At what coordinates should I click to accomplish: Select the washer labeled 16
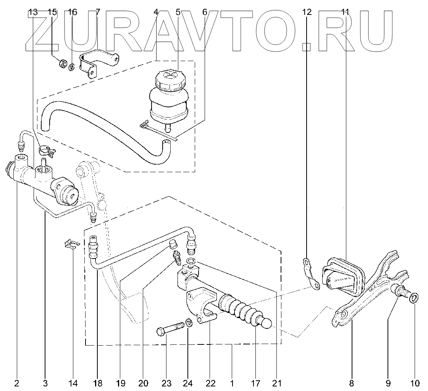coord(72,67)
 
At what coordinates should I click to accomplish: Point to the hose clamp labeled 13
coord(47,150)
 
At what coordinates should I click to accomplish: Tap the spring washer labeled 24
coord(189,324)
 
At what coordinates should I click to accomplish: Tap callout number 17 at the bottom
coord(255,383)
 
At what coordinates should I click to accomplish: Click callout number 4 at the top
coord(156,12)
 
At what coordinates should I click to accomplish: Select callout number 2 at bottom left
coord(17,383)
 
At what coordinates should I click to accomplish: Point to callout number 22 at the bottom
coord(210,383)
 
